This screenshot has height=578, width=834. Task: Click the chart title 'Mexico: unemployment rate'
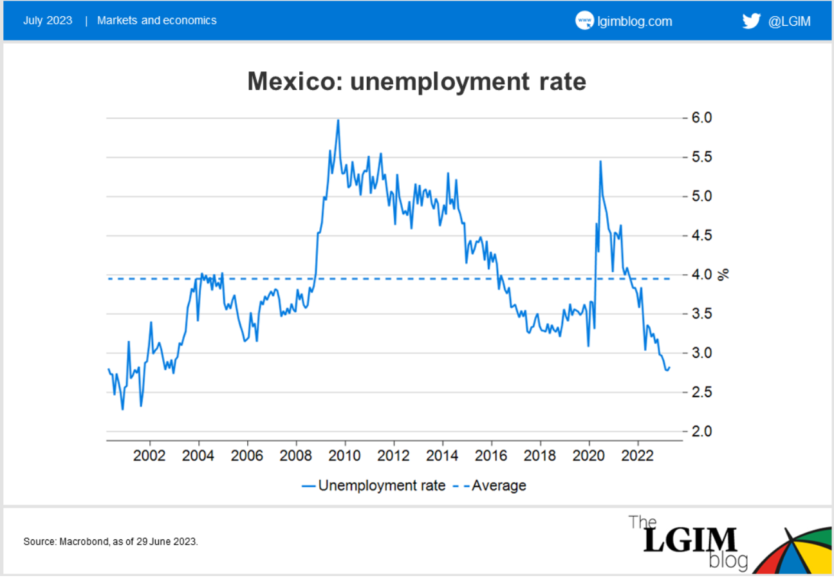pyautogui.click(x=417, y=82)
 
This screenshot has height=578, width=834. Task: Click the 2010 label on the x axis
pyautogui.click(x=345, y=456)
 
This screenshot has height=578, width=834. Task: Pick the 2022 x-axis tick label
pyautogui.click(x=638, y=456)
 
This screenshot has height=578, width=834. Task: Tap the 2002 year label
pyautogui.click(x=150, y=456)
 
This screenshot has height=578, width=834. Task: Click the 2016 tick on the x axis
pyautogui.click(x=492, y=456)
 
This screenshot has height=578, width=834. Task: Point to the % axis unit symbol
pyautogui.click(x=725, y=274)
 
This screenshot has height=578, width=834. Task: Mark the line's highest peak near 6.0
pyautogui.click(x=338, y=120)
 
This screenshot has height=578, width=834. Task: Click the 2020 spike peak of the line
pyautogui.click(x=600, y=161)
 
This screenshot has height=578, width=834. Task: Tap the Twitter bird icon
pyautogui.click(x=751, y=21)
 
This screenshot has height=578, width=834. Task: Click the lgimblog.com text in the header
pyautogui.click(x=635, y=21)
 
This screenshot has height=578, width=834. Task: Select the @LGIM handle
pyautogui.click(x=789, y=21)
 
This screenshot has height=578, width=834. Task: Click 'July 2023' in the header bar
pyautogui.click(x=48, y=20)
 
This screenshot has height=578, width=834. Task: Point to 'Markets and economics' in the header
pyautogui.click(x=157, y=20)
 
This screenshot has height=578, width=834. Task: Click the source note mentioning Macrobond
pyautogui.click(x=111, y=541)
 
